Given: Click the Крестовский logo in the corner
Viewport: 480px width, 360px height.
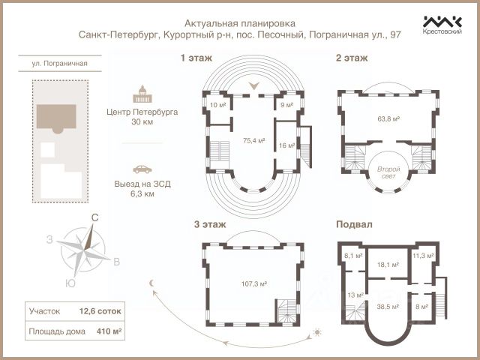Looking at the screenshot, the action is (x=442, y=25).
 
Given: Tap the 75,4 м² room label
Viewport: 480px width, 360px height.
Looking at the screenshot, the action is (x=253, y=140).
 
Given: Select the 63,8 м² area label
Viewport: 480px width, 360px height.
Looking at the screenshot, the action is (x=388, y=118).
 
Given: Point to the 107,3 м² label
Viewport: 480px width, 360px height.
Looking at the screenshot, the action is (x=254, y=283).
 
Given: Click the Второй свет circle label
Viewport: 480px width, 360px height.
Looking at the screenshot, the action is (x=388, y=172).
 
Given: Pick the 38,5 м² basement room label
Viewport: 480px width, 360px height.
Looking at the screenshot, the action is (x=388, y=307).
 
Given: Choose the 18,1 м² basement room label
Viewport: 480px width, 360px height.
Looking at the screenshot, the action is (x=388, y=265).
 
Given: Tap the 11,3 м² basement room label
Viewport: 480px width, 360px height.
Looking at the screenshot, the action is (x=423, y=256).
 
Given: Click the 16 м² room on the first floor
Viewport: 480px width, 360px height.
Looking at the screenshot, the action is (x=286, y=145).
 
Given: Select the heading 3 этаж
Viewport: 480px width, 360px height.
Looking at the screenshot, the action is (x=210, y=224).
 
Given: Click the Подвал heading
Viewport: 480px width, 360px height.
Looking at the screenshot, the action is (x=354, y=224).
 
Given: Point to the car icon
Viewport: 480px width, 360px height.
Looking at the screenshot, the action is (x=142, y=169).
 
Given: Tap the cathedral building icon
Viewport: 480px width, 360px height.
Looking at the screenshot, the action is (x=142, y=94).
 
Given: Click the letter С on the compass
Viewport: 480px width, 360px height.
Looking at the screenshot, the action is (x=95, y=217).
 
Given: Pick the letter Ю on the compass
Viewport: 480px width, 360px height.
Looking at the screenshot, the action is (x=70, y=283).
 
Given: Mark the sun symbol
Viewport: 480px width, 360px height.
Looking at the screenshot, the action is (x=317, y=332).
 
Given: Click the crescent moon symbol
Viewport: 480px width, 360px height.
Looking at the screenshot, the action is (x=151, y=283).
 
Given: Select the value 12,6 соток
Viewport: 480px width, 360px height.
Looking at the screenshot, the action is (x=100, y=311).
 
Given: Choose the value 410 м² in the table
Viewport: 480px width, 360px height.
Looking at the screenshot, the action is (x=109, y=331).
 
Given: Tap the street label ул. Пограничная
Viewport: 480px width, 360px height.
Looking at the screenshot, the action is (x=60, y=63).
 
